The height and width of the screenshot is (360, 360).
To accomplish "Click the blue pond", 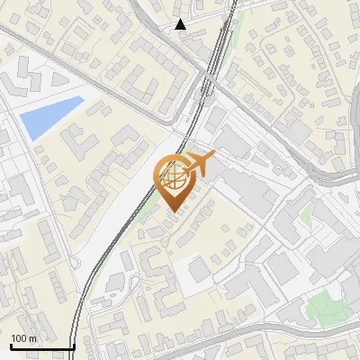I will coord(49,118).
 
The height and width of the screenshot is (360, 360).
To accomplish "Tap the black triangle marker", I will coord(181,24).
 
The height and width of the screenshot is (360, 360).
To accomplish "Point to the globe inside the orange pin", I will coord(174,177).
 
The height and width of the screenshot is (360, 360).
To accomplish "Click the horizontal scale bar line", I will coord(41,347).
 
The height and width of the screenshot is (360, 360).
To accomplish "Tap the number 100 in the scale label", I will coord(19,338).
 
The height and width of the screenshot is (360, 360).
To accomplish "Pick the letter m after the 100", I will coord(32,338).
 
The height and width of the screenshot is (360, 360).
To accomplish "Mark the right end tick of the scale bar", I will coord(74,346).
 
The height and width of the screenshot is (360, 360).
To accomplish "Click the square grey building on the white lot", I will coord(200,269).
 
